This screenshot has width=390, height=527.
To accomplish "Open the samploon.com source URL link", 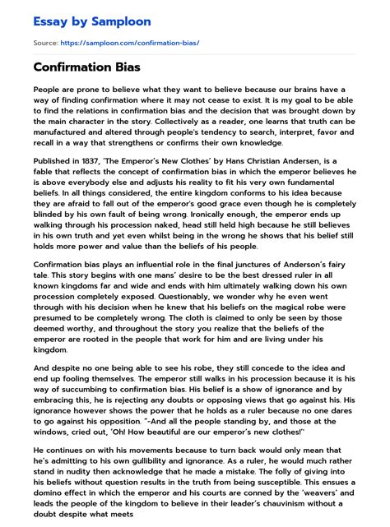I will coord(140,42).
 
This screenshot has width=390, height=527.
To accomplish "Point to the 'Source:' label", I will coord(45,42).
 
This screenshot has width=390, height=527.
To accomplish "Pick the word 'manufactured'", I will coord(63,134).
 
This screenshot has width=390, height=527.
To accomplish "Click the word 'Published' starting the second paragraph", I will coord(53,164).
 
